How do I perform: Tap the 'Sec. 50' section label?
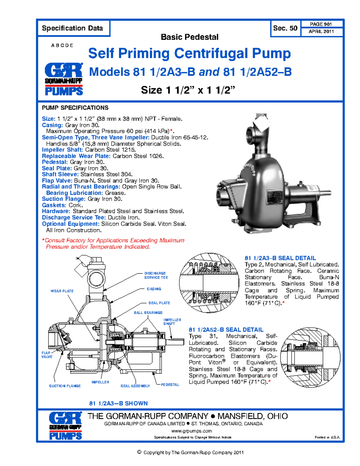point(285,28)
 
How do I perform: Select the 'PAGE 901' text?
point(321,24)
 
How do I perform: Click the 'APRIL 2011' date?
point(321,32)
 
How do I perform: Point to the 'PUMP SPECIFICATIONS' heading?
point(75,108)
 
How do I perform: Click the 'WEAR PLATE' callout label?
point(62,291)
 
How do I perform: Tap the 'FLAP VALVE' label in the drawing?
point(46,355)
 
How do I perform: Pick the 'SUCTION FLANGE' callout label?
point(65,386)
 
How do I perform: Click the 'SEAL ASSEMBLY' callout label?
point(135,386)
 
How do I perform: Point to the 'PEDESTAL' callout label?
point(170,385)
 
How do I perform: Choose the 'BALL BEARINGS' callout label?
point(148,313)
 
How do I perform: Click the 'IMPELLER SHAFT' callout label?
point(172,322)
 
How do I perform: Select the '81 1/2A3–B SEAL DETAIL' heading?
point(280,258)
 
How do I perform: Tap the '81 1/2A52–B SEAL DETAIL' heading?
point(226,329)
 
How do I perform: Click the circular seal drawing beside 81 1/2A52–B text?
point(310,357)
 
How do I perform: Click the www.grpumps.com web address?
point(191,431)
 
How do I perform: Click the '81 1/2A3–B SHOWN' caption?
point(118,403)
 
